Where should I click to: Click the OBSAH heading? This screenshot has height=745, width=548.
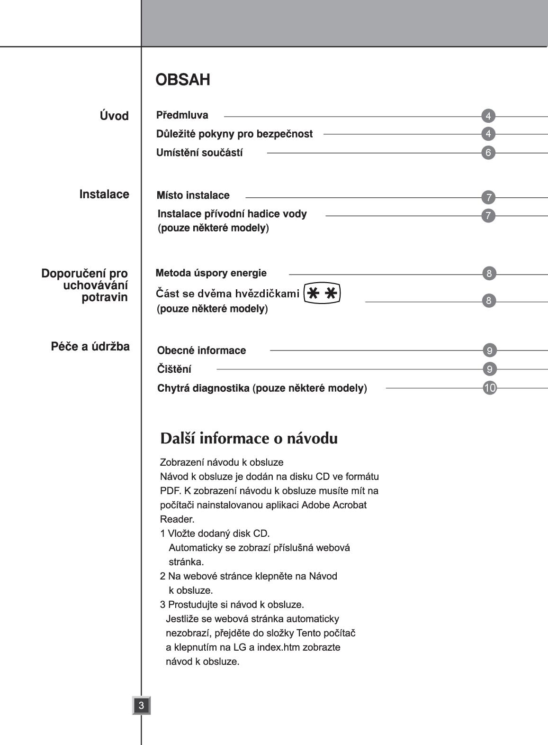coord(183,80)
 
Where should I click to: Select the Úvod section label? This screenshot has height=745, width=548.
coord(114,116)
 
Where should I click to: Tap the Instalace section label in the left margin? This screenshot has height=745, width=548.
coord(104,194)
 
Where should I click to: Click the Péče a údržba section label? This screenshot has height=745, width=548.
coord(90,347)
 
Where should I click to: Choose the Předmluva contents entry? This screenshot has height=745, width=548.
coord(182,115)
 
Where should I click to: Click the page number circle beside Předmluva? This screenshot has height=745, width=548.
coord(488,116)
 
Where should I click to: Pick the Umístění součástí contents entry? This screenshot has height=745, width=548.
coord(199,153)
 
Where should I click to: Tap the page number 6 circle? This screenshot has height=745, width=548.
coord(488,153)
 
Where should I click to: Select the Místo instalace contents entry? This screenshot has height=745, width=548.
coord(193,195)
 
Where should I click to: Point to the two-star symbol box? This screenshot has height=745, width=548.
coord(322,294)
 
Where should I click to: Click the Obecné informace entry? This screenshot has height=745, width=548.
coord(201,350)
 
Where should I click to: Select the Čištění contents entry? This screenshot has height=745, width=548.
coord(174,369)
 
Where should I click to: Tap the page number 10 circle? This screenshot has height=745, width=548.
coord(490,388)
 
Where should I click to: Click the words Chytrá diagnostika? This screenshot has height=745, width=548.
coord(203,388)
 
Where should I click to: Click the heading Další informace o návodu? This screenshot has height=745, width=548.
coord(249,438)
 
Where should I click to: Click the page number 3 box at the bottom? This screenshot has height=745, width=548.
coord(141,705)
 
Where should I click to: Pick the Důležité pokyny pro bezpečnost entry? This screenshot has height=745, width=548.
coord(234,134)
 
